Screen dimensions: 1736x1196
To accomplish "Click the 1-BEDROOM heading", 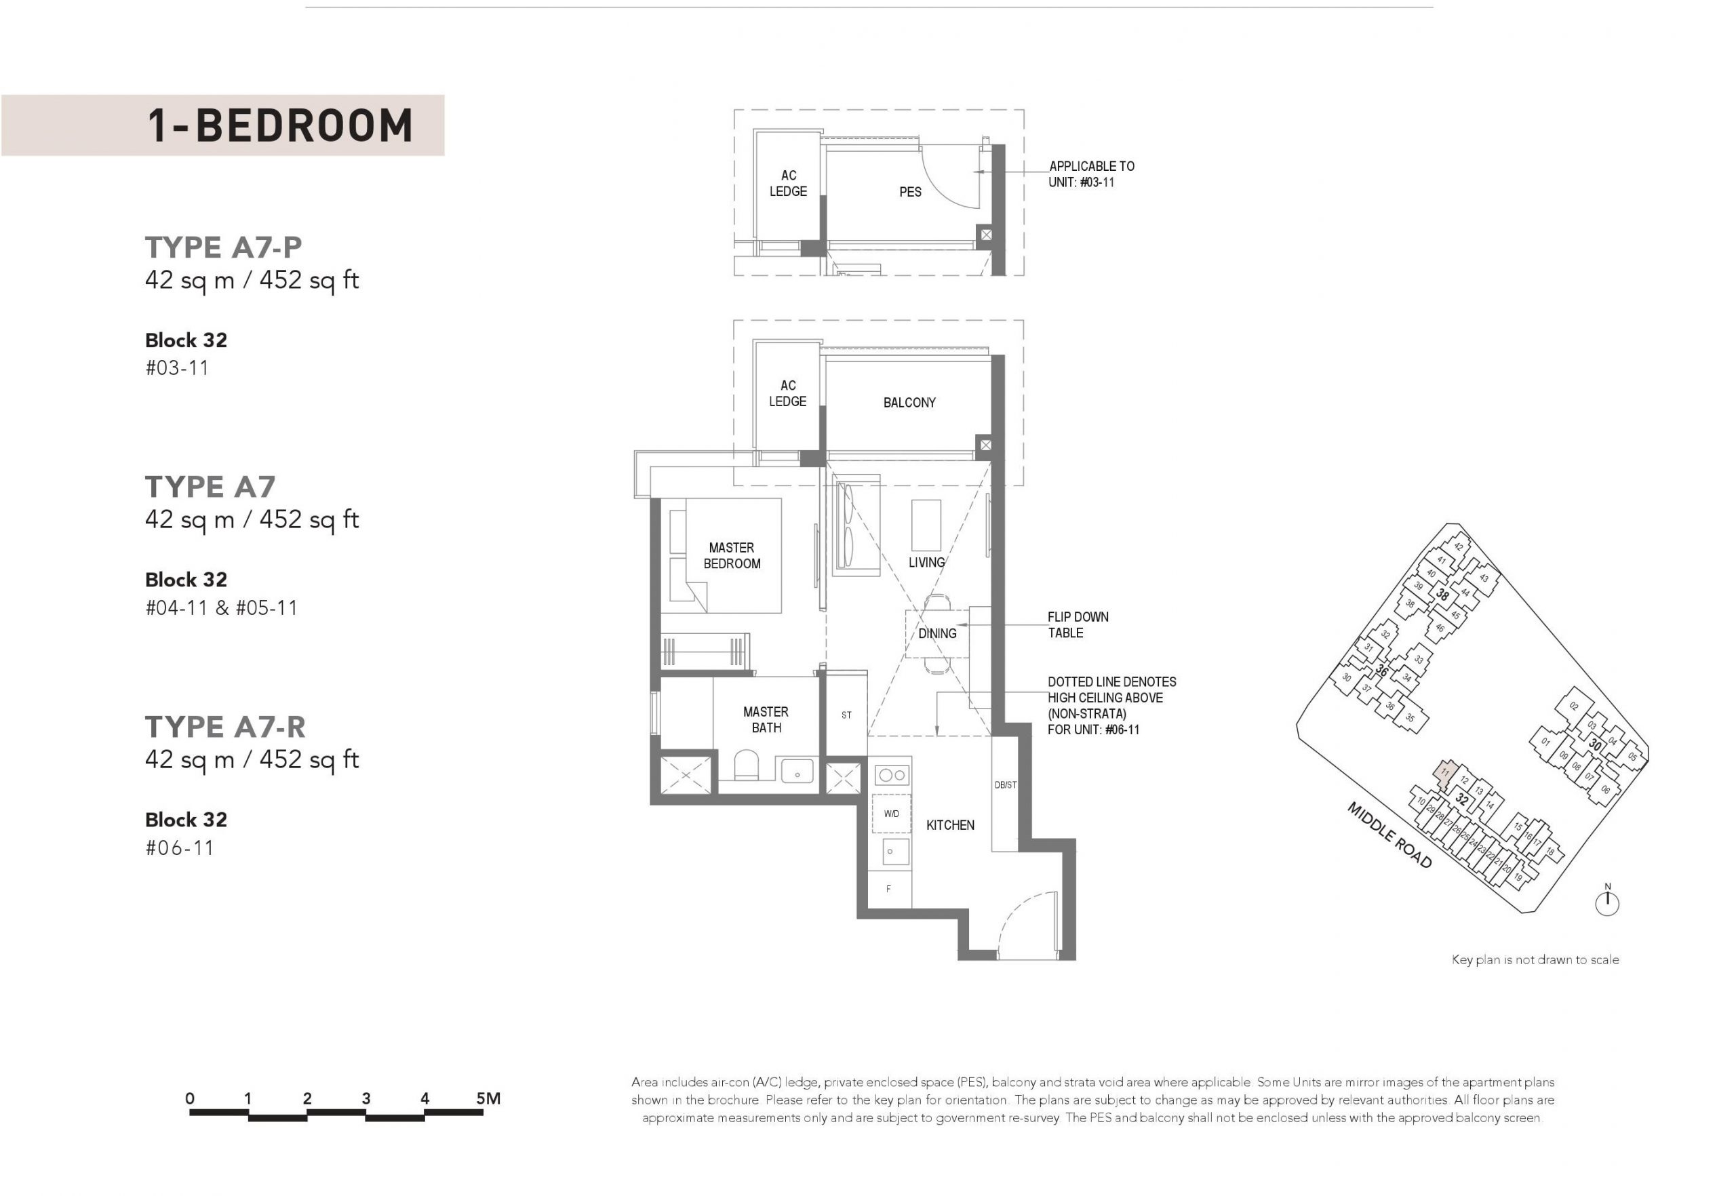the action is tap(279, 125).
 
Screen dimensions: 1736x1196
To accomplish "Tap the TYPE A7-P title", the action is tap(223, 247).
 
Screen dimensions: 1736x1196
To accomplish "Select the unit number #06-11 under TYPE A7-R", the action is tap(180, 848).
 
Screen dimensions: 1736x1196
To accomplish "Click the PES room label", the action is tap(910, 192).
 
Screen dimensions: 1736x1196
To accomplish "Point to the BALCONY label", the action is tap(909, 403).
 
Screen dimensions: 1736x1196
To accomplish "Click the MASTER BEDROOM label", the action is tap(732, 555).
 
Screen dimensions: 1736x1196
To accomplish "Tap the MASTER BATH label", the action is tap(766, 719).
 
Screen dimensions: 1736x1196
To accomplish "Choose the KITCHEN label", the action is tap(949, 825).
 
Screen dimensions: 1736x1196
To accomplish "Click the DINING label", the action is tap(937, 633).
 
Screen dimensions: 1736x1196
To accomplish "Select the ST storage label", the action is tap(846, 715).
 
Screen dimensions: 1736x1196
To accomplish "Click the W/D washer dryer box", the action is tap(891, 814).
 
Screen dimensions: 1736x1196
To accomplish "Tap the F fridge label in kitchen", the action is tap(888, 889).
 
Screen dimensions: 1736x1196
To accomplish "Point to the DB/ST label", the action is tap(1005, 784).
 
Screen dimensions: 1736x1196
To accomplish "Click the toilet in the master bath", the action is tap(747, 767).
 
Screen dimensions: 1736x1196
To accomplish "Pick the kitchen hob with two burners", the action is tap(892, 775).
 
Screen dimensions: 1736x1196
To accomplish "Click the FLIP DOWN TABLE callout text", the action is tap(1078, 625).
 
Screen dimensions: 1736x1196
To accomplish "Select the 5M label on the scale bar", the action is tap(488, 1098).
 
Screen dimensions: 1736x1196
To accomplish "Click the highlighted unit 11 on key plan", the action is tap(1444, 773).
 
